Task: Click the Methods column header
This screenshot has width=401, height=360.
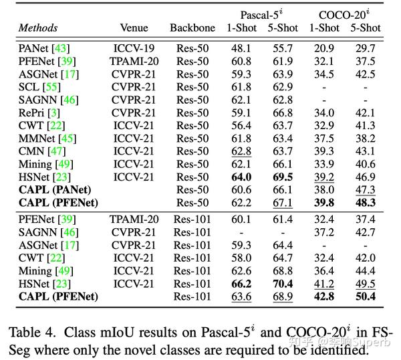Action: click(x=37, y=28)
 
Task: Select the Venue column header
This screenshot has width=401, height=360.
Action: click(x=134, y=28)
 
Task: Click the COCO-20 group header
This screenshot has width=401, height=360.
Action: click(x=344, y=14)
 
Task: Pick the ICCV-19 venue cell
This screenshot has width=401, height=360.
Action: click(x=134, y=49)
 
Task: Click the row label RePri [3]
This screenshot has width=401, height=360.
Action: click(x=41, y=112)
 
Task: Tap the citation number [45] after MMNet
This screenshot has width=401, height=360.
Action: click(x=68, y=138)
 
